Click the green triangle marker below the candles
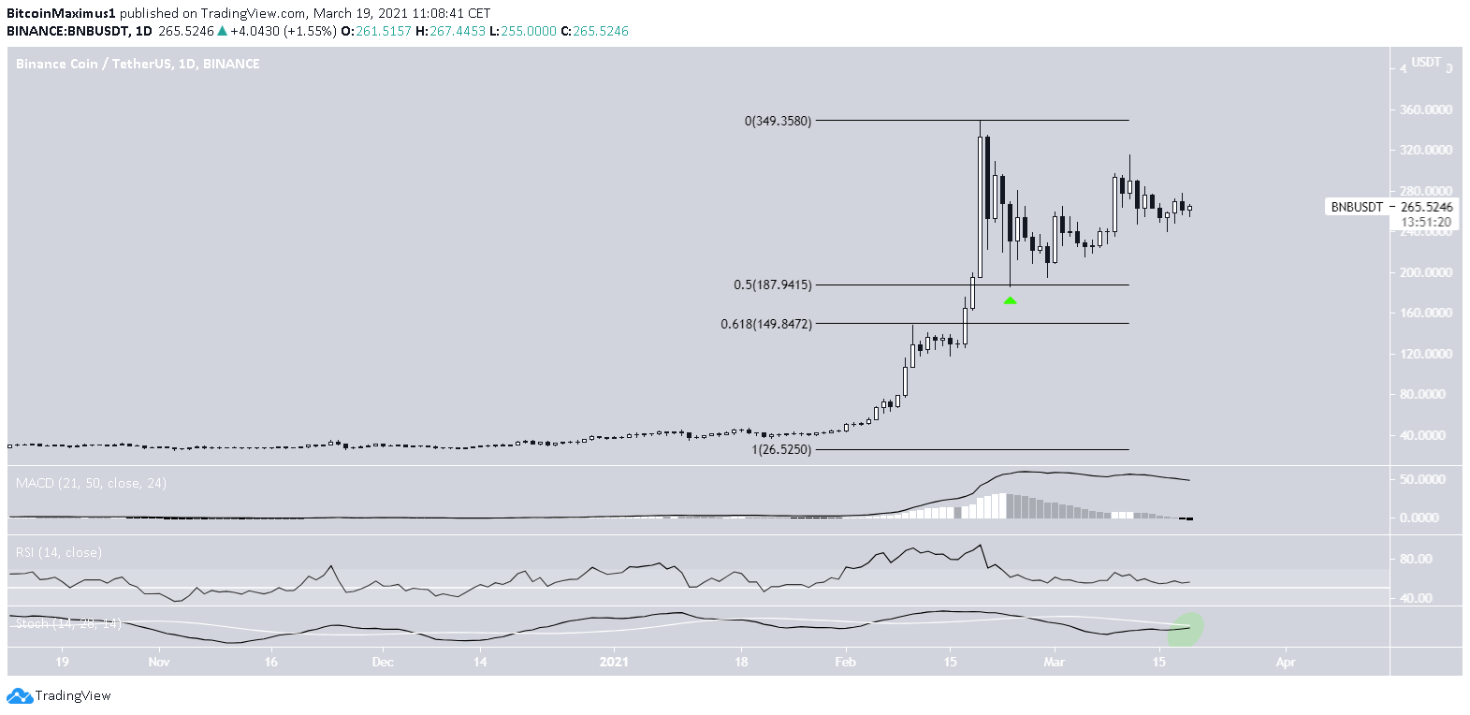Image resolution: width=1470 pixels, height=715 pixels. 1010,300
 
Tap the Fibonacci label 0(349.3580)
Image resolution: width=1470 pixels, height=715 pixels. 778,121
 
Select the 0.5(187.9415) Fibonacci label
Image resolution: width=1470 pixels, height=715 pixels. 773,285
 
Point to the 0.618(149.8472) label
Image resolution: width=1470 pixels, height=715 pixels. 766,324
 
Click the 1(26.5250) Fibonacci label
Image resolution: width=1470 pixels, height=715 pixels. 781,449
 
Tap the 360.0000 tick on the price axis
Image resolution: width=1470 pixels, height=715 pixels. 1426,109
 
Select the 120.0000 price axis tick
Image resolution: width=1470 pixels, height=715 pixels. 1426,354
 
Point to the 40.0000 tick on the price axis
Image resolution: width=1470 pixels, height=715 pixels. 1430,435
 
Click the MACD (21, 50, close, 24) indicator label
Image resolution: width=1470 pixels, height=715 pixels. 91,483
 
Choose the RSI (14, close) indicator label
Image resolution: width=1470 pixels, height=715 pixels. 59,552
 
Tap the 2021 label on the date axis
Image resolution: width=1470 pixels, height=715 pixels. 614,662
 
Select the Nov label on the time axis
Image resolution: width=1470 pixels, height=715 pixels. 158,662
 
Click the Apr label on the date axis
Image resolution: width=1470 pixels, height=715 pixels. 1286,662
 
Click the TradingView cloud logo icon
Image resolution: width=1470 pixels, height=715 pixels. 20,696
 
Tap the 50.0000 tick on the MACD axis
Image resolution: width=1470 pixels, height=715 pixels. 1426,479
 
